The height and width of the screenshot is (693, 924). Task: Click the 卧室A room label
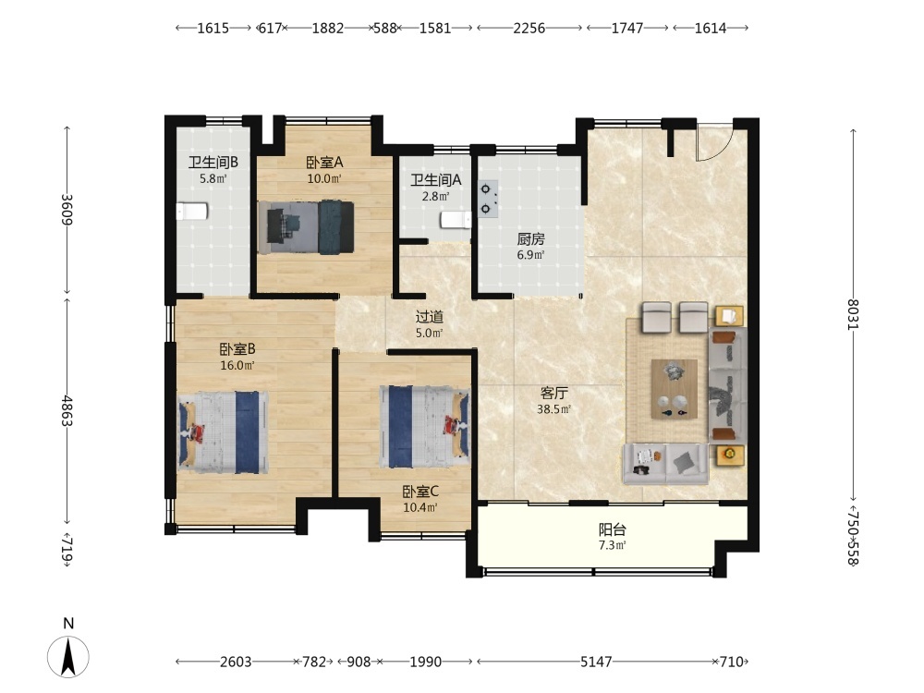(x=324, y=162)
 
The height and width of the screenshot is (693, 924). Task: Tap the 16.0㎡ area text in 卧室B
(x=237, y=365)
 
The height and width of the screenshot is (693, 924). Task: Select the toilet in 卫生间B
(x=192, y=211)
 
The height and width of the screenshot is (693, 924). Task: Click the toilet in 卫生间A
(x=456, y=221)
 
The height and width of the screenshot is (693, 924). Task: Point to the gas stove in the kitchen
(x=488, y=200)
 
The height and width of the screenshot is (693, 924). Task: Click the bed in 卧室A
(x=306, y=227)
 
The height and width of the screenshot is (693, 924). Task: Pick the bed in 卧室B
(x=224, y=432)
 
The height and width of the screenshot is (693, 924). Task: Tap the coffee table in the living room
(x=675, y=390)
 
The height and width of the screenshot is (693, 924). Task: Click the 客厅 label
(x=553, y=393)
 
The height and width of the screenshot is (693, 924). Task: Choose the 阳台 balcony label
(x=613, y=529)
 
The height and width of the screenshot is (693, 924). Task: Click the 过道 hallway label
(x=429, y=317)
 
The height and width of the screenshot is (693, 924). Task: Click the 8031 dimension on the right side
(x=853, y=315)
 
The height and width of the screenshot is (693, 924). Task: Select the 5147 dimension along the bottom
(x=596, y=662)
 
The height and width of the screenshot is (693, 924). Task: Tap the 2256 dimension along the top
(x=529, y=28)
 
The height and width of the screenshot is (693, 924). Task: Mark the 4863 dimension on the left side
(x=67, y=411)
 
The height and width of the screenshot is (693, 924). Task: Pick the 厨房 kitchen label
(x=531, y=239)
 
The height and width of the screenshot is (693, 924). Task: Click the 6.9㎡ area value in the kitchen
(x=531, y=255)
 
